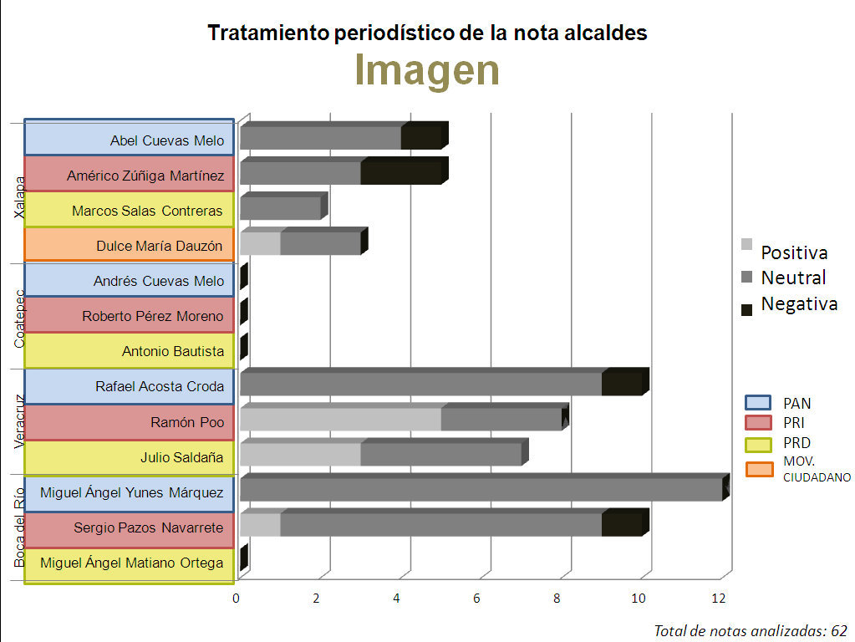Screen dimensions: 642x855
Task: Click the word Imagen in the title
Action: (427, 70)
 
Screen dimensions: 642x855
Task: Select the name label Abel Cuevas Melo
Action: (167, 140)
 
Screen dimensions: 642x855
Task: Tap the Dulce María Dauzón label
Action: (160, 246)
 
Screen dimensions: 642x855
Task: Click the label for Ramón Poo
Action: (187, 422)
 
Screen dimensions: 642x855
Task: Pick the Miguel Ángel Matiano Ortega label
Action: (132, 563)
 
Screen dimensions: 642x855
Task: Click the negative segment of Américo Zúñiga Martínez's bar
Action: (400, 173)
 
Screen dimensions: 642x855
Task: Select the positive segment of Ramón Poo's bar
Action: (340, 419)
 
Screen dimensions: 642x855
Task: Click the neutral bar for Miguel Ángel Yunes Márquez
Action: (481, 489)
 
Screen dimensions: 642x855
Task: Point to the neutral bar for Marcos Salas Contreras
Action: (280, 208)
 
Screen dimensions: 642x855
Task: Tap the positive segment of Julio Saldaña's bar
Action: (300, 454)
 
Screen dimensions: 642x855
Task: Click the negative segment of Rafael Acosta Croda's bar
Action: (622, 384)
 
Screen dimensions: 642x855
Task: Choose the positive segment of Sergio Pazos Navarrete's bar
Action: (260, 524)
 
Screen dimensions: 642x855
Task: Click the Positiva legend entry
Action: (794, 252)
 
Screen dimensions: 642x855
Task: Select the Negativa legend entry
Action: (798, 303)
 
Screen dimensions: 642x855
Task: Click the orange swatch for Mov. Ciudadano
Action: (759, 469)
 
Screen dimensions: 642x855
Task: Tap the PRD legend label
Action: (796, 443)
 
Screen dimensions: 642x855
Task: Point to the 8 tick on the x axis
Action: (557, 598)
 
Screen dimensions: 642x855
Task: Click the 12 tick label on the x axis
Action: (718, 598)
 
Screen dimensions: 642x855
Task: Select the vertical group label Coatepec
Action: (20, 319)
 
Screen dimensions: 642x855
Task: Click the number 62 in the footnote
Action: (839, 630)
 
